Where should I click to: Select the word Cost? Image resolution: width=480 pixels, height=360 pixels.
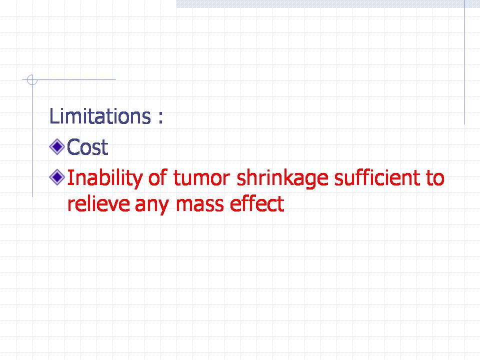[x=87, y=147]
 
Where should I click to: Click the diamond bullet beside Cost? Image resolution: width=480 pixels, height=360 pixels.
[x=57, y=146]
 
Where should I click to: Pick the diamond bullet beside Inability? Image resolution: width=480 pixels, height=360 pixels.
[x=57, y=177]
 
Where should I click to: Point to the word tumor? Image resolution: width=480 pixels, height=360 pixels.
[x=201, y=178]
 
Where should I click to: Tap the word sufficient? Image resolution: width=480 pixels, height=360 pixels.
[x=377, y=177]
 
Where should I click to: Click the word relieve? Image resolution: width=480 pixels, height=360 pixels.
[x=98, y=203]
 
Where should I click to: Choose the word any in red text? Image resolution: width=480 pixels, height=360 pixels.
[x=152, y=205]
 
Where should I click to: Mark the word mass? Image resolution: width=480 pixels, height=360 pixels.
[x=199, y=205]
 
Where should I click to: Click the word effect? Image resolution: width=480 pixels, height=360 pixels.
[x=257, y=203]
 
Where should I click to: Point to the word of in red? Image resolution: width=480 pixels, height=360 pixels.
[x=158, y=177]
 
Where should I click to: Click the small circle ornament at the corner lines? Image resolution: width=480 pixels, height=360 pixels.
[x=32, y=80]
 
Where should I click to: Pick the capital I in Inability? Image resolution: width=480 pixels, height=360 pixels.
[x=69, y=178]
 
